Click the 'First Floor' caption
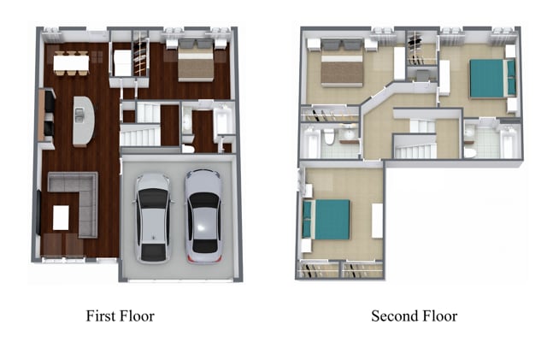[120, 316]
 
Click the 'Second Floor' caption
[414, 316]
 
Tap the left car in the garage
[153, 218]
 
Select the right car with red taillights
[203, 216]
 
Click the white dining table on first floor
[71, 63]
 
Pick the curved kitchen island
[84, 121]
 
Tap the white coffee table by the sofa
[61, 217]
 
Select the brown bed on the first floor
[196, 61]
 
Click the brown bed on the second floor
[342, 63]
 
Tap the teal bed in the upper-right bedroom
[492, 79]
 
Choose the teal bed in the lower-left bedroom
[326, 219]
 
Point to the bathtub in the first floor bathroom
[222, 121]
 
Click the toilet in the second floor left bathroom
[329, 137]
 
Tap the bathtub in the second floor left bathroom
[310, 142]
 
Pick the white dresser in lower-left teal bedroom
[377, 221]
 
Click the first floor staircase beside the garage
[140, 136]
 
